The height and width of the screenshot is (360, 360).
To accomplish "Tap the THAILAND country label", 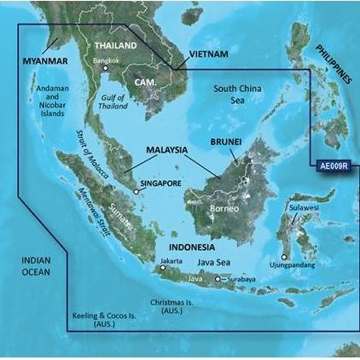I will click(115, 45).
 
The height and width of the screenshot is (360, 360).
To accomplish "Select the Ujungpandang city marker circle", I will click(284, 254).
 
